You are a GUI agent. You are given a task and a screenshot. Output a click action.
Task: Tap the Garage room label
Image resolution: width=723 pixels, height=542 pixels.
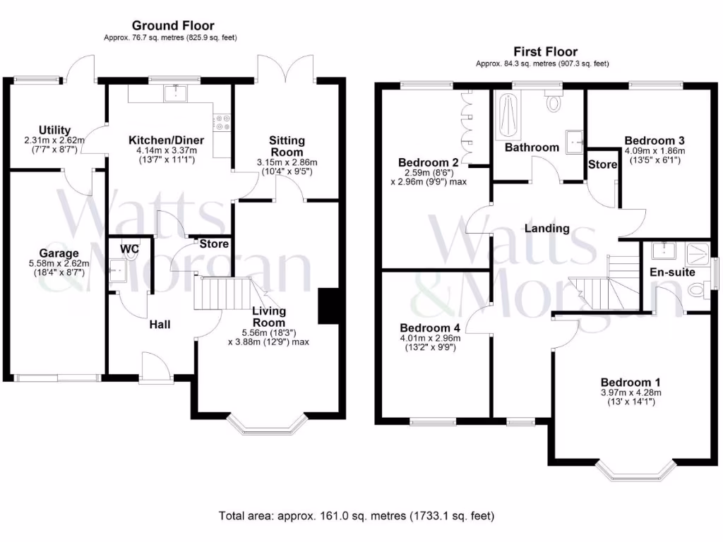(x=59, y=253)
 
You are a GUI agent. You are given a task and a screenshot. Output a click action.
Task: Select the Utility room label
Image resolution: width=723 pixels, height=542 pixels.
(x=54, y=130)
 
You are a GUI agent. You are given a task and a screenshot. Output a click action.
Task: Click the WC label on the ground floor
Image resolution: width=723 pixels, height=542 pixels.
(x=129, y=248)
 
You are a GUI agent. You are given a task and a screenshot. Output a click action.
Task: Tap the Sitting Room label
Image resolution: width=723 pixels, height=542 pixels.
(x=286, y=146)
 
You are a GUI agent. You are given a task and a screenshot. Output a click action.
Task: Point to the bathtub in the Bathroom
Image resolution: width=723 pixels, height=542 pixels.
(x=506, y=117)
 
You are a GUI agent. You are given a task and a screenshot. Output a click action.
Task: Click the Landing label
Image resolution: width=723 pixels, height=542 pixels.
(x=546, y=228)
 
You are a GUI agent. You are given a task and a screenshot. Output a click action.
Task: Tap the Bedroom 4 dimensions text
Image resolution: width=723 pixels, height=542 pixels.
(x=430, y=342)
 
